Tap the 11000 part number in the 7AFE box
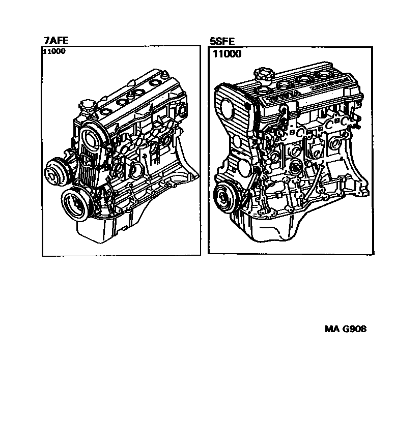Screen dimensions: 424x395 click(x=54, y=51)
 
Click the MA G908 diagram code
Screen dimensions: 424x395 click(x=346, y=328)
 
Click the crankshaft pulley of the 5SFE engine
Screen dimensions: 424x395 click(x=223, y=196)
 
